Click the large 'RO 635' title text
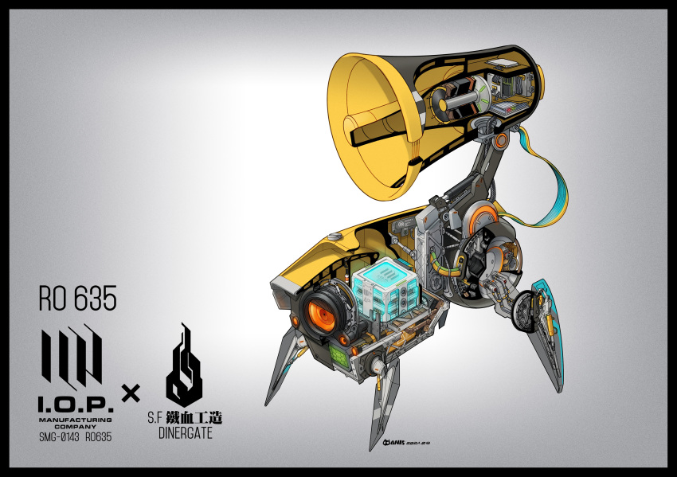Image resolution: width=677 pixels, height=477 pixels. click(x=77, y=299)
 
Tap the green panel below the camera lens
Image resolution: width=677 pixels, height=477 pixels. click(x=336, y=357)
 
